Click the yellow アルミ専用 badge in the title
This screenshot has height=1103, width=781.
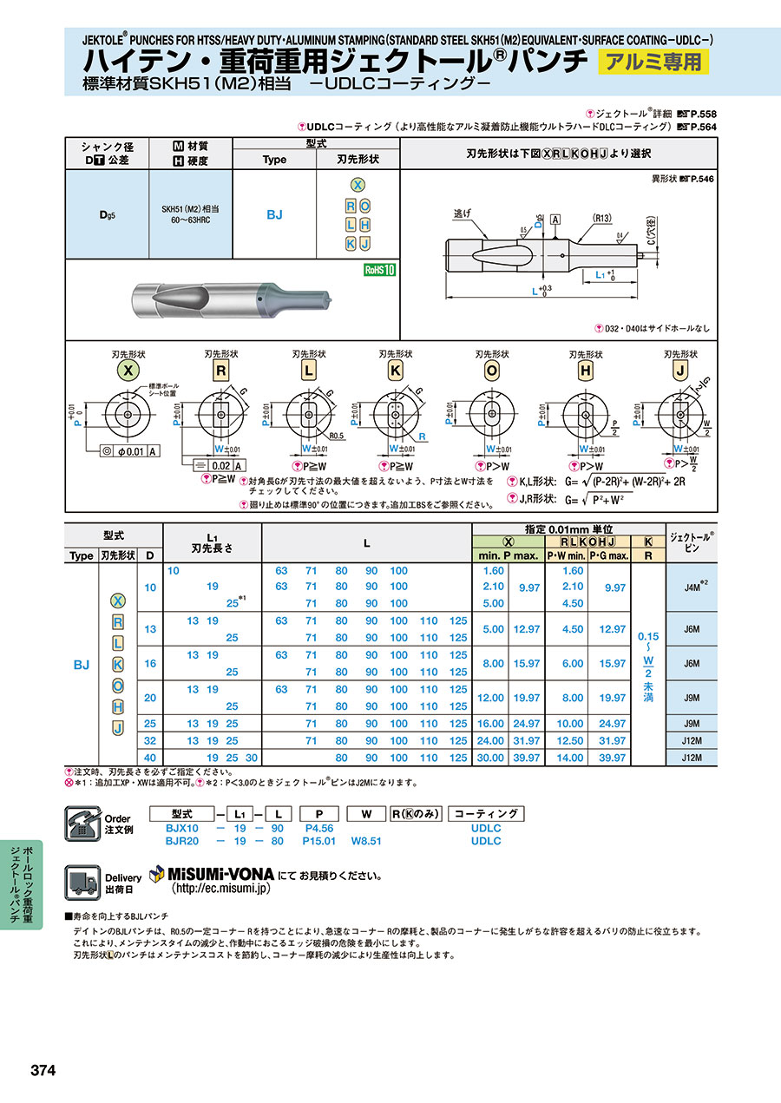[653, 62]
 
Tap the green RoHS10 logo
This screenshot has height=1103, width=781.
[379, 270]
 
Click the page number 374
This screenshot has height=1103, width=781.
[43, 1071]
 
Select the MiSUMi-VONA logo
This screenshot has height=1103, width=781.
[212, 873]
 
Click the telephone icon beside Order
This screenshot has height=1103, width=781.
[83, 823]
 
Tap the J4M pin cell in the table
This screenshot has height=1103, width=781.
[692, 587]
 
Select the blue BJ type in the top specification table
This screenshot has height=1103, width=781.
[274, 214]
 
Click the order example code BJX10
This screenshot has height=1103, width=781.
[183, 828]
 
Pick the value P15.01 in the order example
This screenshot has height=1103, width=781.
[318, 841]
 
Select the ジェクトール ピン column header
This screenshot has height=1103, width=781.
[692, 542]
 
